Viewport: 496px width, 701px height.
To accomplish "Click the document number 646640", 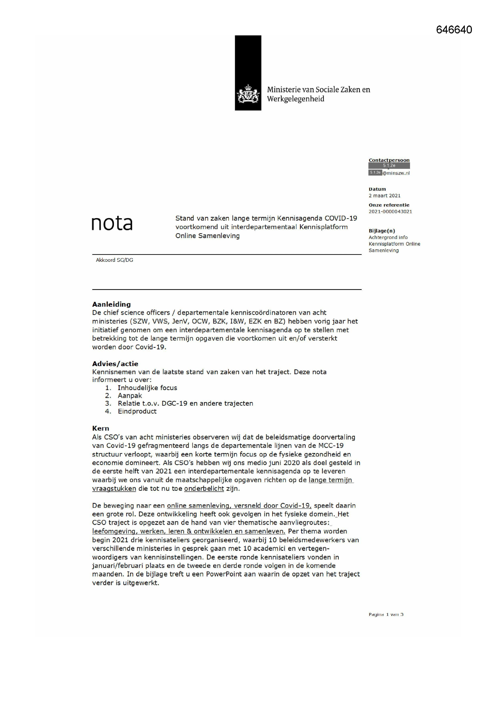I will (454, 30).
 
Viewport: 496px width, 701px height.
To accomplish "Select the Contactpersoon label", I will (389, 160).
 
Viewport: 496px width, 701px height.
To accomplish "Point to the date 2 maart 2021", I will (384, 196).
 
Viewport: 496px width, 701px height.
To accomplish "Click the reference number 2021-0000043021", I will (390, 212).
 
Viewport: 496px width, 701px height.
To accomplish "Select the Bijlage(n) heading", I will (382, 231).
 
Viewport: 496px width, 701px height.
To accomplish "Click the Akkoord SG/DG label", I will (115, 260).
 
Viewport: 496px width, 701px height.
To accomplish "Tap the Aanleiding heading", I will (112, 304).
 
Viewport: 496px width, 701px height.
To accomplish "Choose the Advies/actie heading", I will (115, 364).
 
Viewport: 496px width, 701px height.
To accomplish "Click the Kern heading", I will (100, 428).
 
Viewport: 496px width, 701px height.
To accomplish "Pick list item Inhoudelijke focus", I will (147, 388).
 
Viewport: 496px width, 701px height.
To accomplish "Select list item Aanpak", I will (130, 396).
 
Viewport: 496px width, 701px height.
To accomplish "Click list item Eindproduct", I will (137, 411).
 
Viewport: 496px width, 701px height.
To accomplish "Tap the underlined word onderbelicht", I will (204, 488).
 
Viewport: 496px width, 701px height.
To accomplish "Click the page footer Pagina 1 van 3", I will (386, 614).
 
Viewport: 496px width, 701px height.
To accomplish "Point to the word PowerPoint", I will (224, 574).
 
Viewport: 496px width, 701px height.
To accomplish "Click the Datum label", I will (377, 189).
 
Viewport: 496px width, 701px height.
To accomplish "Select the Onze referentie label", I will (389, 205).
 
